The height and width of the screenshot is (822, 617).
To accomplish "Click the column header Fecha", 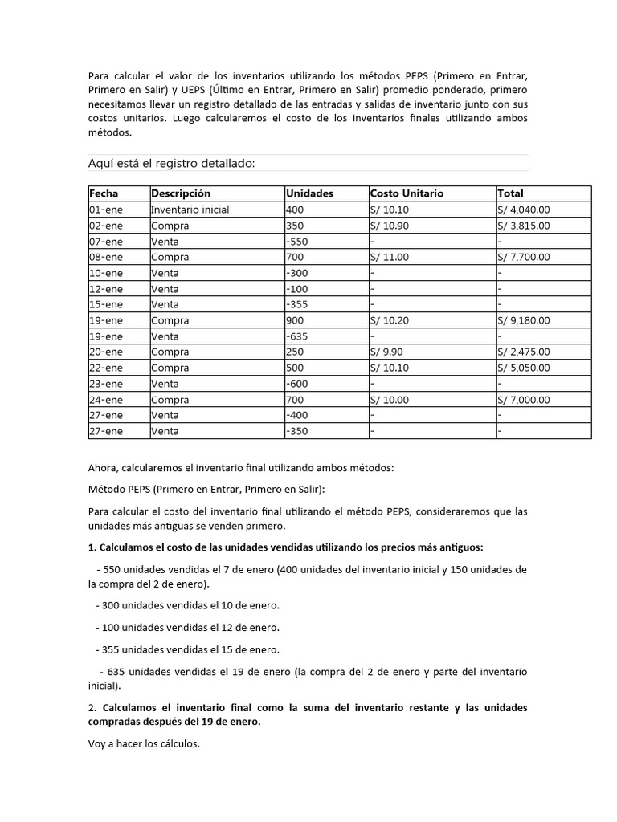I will tap(104, 193).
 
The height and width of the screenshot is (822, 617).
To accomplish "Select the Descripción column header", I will tap(181, 193).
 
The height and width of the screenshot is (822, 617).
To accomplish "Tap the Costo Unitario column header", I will tap(407, 193).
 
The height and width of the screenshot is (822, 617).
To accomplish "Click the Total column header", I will tap(510, 193).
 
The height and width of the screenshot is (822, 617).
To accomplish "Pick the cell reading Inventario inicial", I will tap(190, 210).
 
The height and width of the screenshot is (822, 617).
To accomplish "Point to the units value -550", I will tap(297, 242).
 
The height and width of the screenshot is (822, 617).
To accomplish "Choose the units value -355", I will tap(297, 304).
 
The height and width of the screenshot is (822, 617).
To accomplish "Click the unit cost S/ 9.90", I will tap(386, 352).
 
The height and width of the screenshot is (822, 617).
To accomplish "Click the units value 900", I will tap(295, 320).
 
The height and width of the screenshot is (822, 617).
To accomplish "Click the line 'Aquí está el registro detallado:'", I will tap(171, 164).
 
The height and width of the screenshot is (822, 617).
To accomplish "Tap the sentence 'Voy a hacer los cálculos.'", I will tap(144, 743).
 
